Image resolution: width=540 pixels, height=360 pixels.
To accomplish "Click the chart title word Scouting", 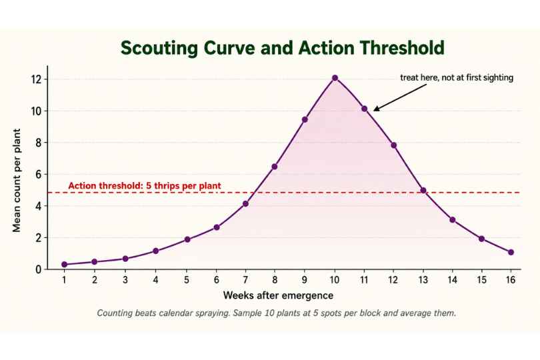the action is click(159, 48).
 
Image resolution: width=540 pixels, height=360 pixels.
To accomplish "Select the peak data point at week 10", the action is click(335, 78).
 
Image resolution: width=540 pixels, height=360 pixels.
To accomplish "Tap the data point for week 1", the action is click(65, 264).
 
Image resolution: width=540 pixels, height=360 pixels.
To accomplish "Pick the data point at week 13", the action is click(423, 190).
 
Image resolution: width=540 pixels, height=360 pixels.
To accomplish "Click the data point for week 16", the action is click(511, 252).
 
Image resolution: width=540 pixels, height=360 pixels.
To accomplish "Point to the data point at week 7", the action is click(245, 203).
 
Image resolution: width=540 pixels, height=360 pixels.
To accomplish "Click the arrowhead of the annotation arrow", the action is click(376, 109).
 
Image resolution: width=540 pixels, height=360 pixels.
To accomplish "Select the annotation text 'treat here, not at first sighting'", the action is click(457, 77).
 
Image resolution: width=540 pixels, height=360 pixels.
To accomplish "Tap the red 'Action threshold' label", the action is click(145, 186).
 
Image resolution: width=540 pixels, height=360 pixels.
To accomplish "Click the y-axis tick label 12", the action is click(36, 79).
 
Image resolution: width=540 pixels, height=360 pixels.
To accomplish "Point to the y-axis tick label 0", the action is click(38, 269).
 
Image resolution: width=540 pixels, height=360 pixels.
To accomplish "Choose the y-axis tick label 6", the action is click(38, 175).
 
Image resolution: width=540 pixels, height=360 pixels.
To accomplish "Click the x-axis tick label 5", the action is click(186, 280).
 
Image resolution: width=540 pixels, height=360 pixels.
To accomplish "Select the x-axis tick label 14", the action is click(453, 280).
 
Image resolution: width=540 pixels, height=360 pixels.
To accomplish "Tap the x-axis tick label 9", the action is click(305, 280).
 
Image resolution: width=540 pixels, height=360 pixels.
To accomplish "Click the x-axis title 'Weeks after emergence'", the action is click(278, 295).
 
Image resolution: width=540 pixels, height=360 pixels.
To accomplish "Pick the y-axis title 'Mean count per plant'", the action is click(17, 180).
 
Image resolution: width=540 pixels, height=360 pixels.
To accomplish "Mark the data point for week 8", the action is click(275, 167).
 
